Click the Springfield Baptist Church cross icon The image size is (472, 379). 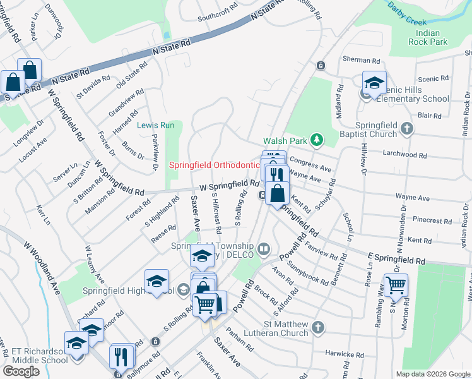pyautogui.click(x=407, y=129)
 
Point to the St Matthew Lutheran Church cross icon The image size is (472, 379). pyautogui.click(x=318, y=327)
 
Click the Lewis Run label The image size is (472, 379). pyautogui.click(x=156, y=125)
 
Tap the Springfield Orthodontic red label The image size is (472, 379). pyautogui.click(x=214, y=165)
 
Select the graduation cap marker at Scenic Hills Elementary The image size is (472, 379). pyautogui.click(x=374, y=83)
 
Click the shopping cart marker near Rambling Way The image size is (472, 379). pyautogui.click(x=396, y=286)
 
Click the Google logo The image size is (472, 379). pyautogui.click(x=21, y=371)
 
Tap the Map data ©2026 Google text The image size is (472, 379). pyautogui.click(x=432, y=374)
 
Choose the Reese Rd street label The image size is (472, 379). pyautogui.click(x=163, y=237)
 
